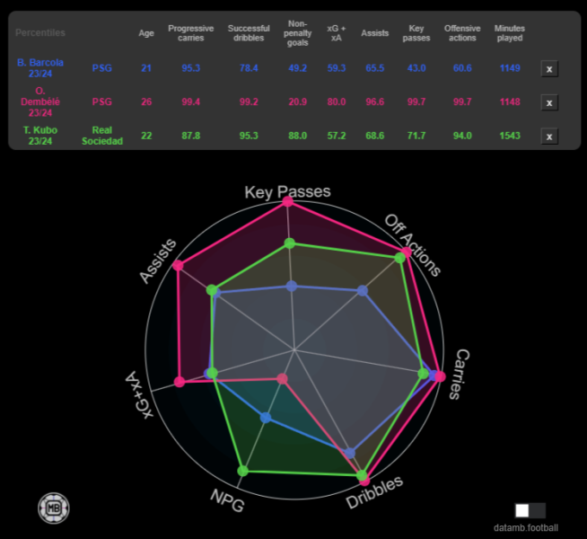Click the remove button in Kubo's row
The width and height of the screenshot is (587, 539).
549,137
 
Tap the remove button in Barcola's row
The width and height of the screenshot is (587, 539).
549,69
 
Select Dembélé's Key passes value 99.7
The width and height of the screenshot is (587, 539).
416,102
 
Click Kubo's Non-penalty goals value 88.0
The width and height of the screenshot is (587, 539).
298,136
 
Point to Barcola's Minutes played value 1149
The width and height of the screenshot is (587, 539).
510,67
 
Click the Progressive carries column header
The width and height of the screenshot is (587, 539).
191,33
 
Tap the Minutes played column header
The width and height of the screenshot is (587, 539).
510,33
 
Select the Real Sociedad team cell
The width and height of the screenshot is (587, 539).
109,136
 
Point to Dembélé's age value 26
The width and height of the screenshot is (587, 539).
146,102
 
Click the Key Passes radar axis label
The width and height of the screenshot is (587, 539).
288,191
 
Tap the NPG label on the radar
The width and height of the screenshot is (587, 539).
227,499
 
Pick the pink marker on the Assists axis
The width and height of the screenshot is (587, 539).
179,265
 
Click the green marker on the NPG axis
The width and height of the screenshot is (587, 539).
242,471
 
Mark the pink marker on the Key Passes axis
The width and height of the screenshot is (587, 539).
288,202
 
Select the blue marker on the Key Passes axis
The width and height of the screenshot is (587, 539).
291,286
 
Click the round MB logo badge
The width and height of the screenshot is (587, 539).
54,508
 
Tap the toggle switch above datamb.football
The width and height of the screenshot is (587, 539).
530,510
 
